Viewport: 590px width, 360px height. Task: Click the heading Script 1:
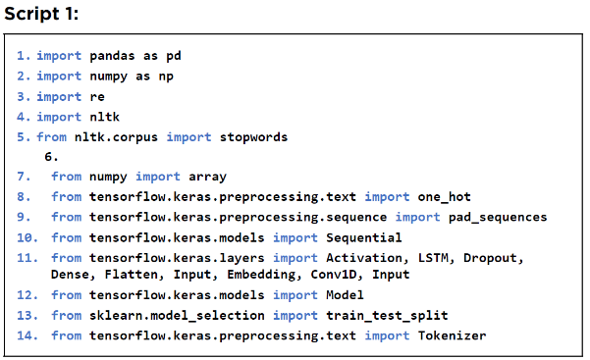(41, 15)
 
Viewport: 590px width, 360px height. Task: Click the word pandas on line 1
(112, 56)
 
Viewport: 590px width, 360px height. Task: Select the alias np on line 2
(166, 77)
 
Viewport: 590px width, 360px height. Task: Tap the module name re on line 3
(97, 97)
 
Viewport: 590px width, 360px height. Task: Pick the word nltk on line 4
(105, 117)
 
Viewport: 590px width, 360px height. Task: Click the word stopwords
(253, 137)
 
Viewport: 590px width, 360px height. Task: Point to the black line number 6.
(51, 157)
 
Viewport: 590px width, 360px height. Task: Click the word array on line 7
(208, 177)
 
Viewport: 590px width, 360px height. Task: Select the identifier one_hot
(445, 197)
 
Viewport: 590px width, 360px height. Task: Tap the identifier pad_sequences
(498, 217)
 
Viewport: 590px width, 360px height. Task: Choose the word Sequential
(364, 237)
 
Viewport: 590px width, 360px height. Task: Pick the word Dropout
(493, 258)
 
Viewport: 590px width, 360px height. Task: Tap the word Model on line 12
(345, 295)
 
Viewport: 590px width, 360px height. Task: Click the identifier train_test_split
(387, 315)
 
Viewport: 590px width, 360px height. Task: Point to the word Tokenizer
(452, 335)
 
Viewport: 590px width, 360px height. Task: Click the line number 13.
(27, 315)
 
